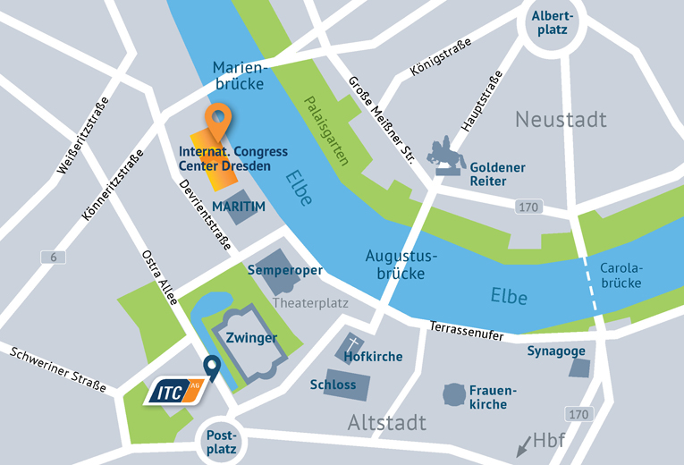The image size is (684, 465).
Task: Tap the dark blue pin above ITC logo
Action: pos(211,366)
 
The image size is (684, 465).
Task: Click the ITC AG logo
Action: pos(176,390)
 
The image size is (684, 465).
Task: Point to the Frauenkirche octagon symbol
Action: pos(455,393)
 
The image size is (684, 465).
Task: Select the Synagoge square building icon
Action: pos(580,368)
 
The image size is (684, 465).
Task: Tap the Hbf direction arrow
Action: pos(520,444)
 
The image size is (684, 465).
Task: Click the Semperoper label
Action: pos(284,270)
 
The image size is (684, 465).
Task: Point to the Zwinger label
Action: pos(251,338)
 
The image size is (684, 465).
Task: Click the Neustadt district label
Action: pos(561,119)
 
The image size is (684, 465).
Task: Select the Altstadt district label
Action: pos(386,422)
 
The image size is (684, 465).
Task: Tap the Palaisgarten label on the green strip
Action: pos(325,133)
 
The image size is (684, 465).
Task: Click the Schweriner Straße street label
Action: pos(58,368)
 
